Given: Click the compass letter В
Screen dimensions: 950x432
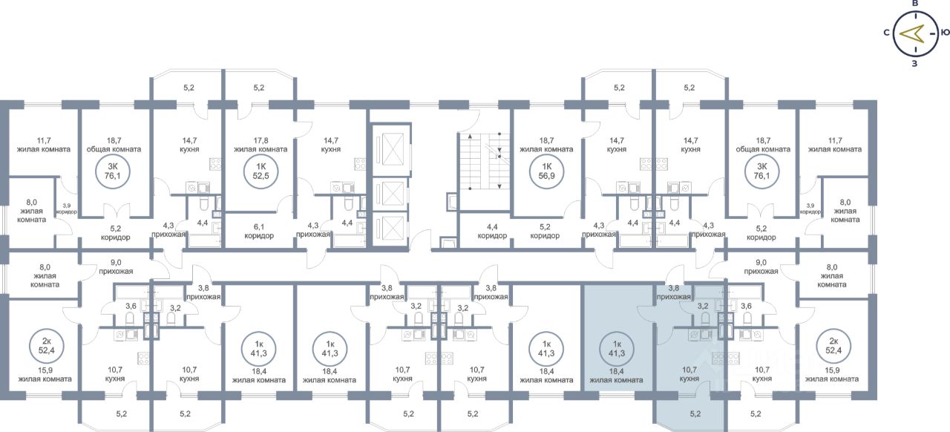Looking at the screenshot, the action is coord(915,4).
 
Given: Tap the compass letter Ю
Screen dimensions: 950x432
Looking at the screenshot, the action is coord(944,33).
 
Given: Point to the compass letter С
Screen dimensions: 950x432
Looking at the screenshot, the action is coord(887,33).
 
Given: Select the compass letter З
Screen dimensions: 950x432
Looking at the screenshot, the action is coord(915,63).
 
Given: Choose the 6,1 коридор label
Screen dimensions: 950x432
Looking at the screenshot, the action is coord(259,231).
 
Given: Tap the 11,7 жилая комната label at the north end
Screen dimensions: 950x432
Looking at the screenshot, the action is coord(43,144).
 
